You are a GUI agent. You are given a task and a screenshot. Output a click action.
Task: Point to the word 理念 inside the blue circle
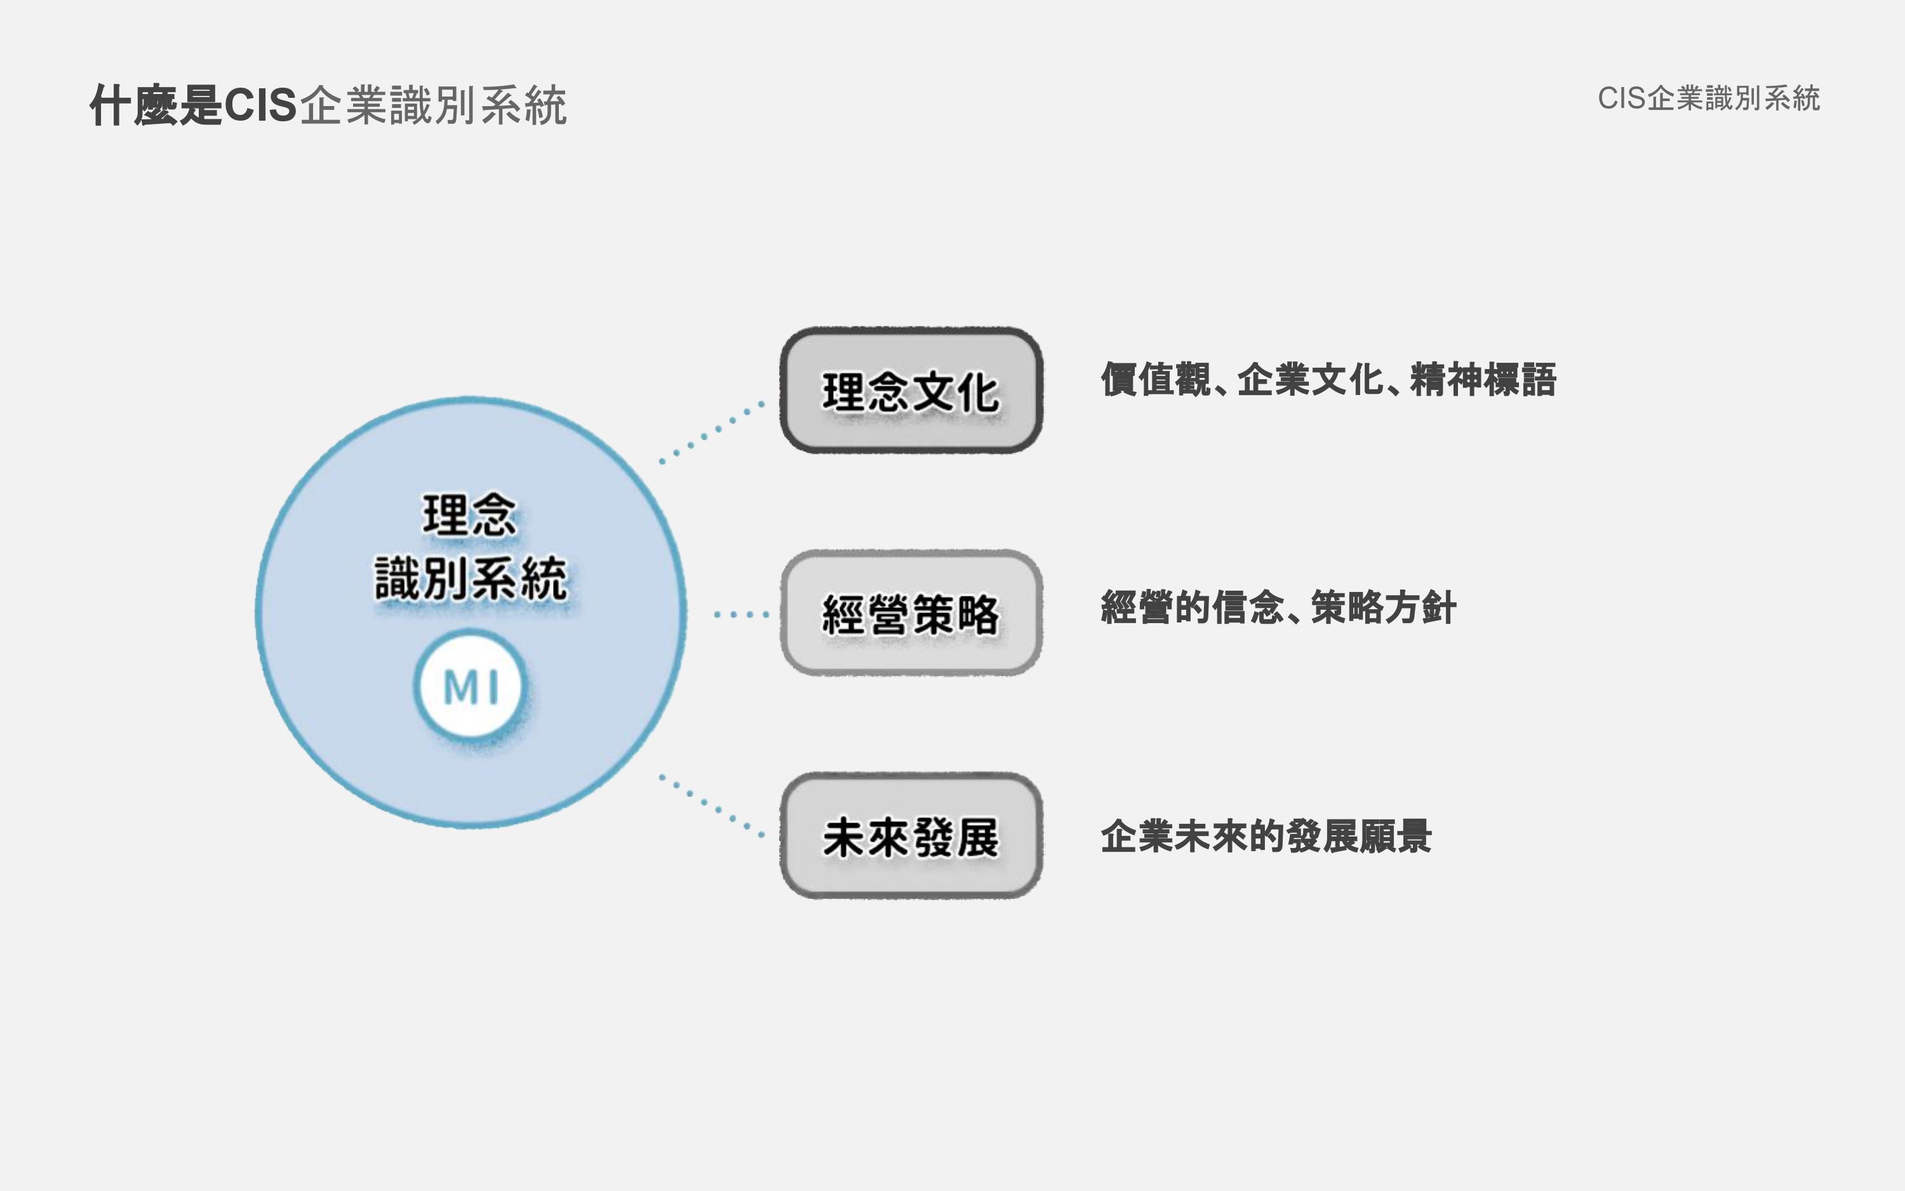470,515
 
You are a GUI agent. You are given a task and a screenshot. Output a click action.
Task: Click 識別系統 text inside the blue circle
471,579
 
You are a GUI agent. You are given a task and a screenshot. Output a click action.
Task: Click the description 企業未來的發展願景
1266,837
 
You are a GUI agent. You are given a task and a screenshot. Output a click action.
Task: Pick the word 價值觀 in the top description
1156,380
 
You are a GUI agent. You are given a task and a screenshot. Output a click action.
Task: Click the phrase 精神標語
1483,380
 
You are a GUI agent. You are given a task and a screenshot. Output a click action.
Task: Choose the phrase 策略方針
1383,608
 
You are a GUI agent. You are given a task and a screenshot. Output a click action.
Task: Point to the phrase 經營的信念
1192,608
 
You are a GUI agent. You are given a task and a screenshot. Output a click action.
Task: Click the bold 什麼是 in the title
156,105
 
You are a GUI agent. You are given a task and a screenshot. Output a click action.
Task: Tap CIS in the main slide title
260,105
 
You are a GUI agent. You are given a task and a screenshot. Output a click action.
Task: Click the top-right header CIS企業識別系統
1709,99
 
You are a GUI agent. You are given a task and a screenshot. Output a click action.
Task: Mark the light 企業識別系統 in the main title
433,105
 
